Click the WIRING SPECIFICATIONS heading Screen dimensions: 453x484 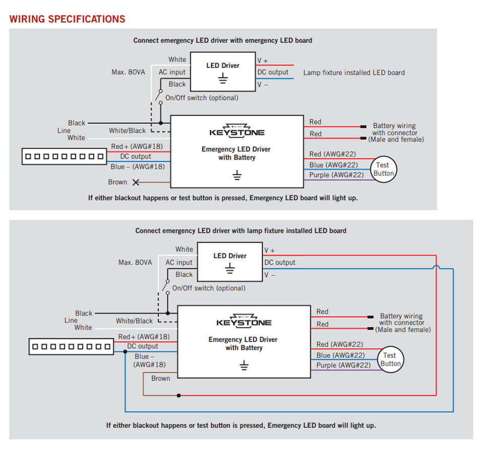(67, 19)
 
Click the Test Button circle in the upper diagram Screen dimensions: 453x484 (383, 169)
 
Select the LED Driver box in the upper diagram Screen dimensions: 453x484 (223, 71)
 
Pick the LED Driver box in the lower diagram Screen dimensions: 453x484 (230, 261)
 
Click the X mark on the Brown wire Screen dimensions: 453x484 (136, 182)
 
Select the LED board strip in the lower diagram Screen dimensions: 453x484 (72, 347)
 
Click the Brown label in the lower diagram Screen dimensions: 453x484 (161, 379)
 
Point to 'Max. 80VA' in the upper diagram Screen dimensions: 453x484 (128, 72)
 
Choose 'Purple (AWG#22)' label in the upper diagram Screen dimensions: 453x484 (336, 175)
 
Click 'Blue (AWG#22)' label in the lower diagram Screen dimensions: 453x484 (343, 355)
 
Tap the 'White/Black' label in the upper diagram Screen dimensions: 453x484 (127, 131)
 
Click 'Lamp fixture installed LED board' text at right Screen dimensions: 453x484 (354, 72)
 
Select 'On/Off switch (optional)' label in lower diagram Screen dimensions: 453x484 (209, 288)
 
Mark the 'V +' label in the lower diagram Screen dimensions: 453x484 (270, 250)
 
